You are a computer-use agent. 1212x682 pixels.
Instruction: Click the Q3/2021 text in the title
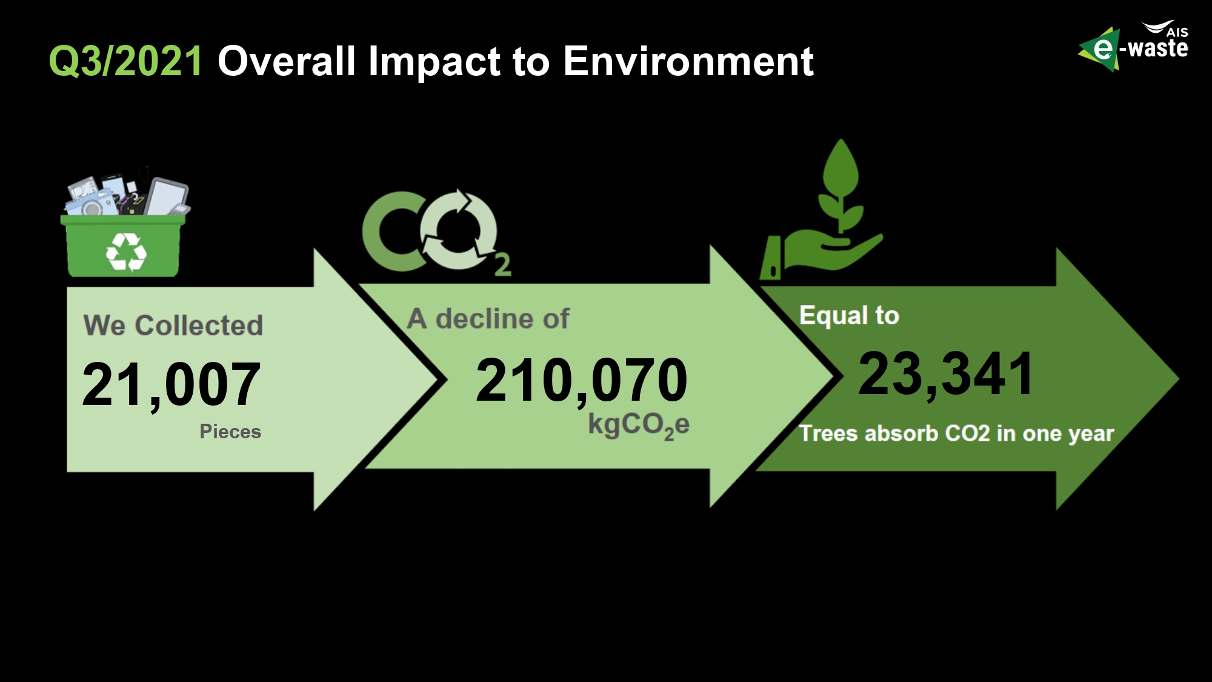point(125,62)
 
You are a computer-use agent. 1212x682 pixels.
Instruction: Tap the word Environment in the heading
point(688,61)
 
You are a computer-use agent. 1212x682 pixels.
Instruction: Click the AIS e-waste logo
point(1133,46)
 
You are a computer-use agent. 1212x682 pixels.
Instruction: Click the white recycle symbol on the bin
point(126,251)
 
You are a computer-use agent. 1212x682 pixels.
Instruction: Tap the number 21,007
point(171,384)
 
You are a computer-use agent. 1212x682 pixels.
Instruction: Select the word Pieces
point(230,432)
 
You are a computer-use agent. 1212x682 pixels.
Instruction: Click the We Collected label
point(173,326)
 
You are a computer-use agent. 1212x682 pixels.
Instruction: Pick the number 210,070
point(582,381)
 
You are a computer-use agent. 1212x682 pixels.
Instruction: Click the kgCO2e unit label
point(639,426)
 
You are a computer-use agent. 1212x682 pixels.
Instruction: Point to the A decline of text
point(488,319)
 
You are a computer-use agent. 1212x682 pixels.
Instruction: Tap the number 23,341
point(946,375)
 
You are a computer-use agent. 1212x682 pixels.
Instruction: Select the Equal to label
point(849,316)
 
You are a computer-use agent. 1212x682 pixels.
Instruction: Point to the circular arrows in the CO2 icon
point(458,230)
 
